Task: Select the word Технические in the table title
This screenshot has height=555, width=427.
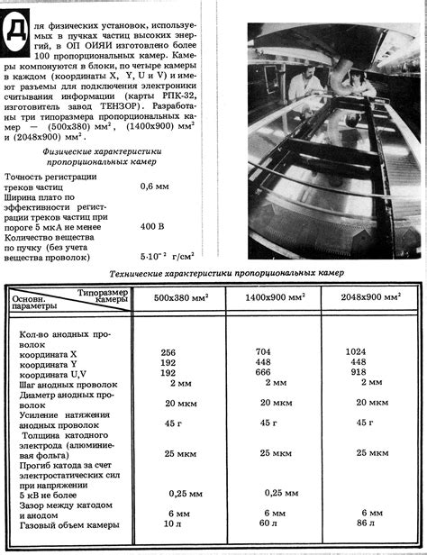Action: [146, 274]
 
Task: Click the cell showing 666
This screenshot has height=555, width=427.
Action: [264, 373]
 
